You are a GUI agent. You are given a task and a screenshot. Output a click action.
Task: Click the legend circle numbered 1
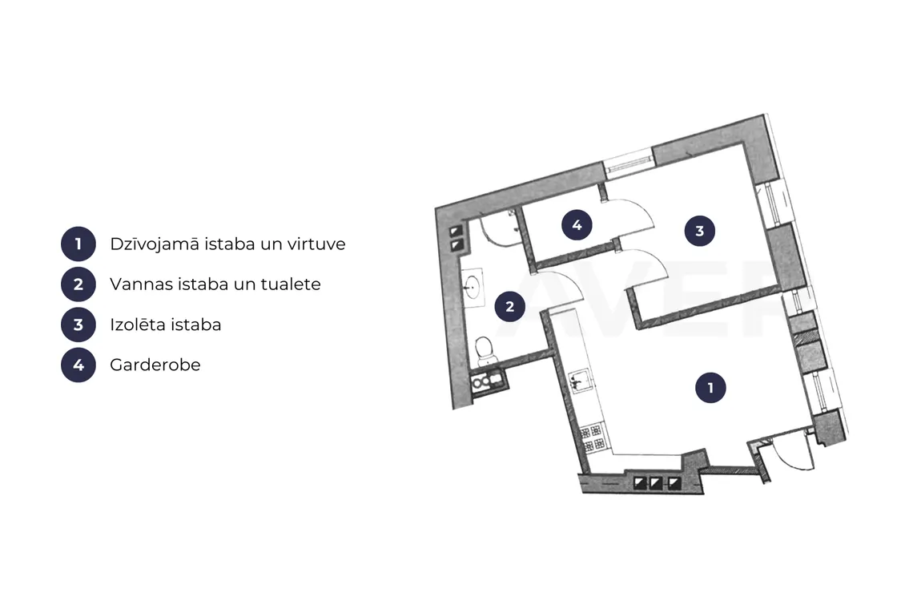click(x=78, y=244)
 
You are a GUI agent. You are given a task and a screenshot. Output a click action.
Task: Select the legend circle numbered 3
click(x=78, y=325)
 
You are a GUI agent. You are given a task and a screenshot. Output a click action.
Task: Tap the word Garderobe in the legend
click(x=155, y=365)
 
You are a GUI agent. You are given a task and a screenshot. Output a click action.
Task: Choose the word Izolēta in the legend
click(x=133, y=324)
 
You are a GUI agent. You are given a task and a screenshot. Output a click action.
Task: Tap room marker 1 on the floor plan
click(x=710, y=388)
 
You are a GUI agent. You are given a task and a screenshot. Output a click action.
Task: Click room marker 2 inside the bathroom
click(x=509, y=307)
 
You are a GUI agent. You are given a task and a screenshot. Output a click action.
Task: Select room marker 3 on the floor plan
click(x=700, y=231)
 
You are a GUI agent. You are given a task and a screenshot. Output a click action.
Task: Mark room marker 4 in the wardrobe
click(x=577, y=225)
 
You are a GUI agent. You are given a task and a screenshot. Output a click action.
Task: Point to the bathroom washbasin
click(x=473, y=287)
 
